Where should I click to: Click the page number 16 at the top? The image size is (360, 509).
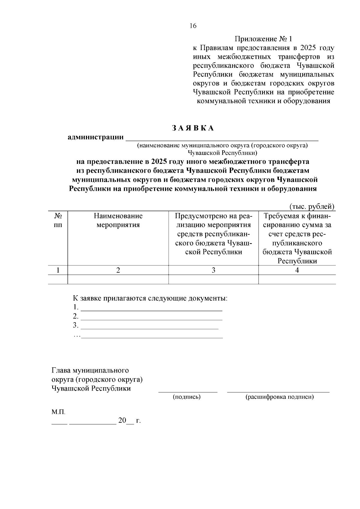pos(193,26)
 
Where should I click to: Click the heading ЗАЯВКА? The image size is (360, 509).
pos(193,128)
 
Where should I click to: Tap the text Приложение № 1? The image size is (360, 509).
pos(263,39)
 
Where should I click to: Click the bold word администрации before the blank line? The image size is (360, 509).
pos(96,137)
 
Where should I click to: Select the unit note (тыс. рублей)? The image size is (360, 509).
pos(312,206)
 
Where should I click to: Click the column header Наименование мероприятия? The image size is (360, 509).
pos(118,220)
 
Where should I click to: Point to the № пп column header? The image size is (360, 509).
pos(58,220)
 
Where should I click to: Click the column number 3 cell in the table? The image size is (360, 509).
pos(213,270)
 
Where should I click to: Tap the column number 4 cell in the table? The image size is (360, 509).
pos(297,270)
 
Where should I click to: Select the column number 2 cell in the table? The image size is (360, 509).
pos(118,270)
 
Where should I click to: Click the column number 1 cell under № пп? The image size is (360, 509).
pos(58,270)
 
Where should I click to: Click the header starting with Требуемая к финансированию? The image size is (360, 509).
pos(297,238)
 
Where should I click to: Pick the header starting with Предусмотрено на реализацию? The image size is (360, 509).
pos(213,234)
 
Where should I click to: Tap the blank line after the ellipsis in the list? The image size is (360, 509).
pos(152,336)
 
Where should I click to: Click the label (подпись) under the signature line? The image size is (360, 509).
pos(187,397)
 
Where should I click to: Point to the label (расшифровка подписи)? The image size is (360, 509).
pos(280,397)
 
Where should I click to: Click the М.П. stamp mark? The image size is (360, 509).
pos(58,412)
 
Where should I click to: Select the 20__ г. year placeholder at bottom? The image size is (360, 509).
pos(129,421)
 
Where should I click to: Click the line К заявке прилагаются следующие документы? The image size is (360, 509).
pos(150,298)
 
